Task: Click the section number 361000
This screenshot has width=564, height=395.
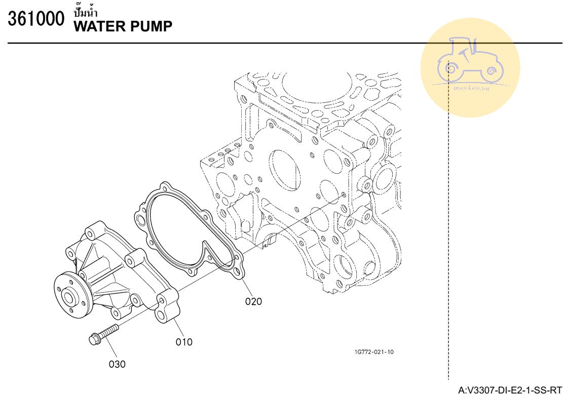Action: [36, 19]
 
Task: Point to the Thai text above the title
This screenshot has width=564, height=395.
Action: [86, 13]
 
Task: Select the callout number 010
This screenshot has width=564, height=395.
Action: [184, 342]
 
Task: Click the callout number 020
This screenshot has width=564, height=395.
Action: [253, 301]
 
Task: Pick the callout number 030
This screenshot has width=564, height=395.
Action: [117, 364]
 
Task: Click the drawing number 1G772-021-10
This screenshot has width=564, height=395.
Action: [374, 352]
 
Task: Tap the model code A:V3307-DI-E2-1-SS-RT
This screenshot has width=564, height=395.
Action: [510, 389]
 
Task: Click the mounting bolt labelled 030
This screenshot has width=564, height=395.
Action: [103, 334]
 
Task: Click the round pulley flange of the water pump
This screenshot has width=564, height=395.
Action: [71, 295]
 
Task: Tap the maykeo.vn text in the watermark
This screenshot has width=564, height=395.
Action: [471, 88]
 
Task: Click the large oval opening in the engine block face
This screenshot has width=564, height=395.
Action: [284, 169]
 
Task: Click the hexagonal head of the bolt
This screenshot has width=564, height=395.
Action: [94, 339]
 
